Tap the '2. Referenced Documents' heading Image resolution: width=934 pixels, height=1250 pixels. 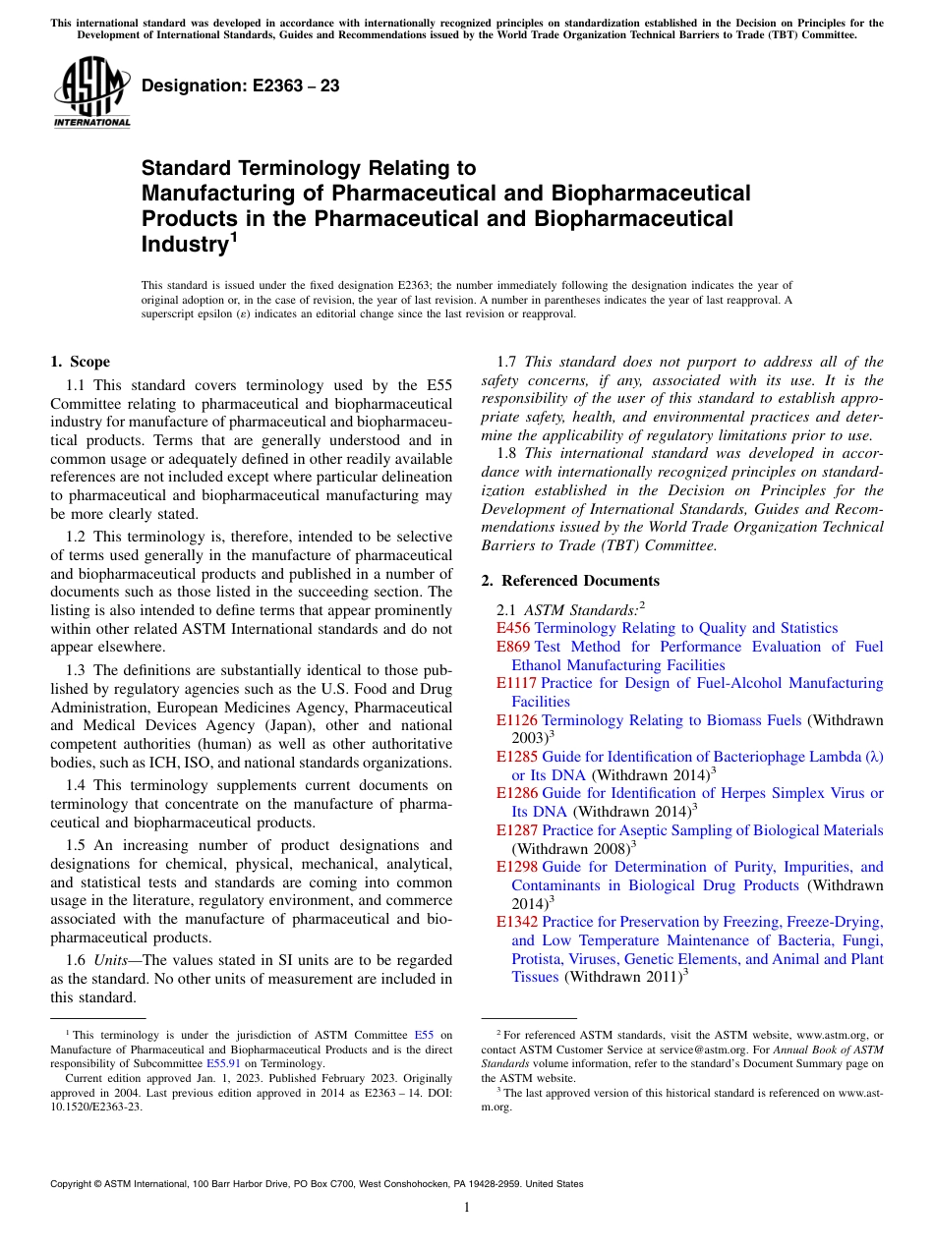tap(570, 581)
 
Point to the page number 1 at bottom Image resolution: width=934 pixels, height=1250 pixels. tap(467, 1208)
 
